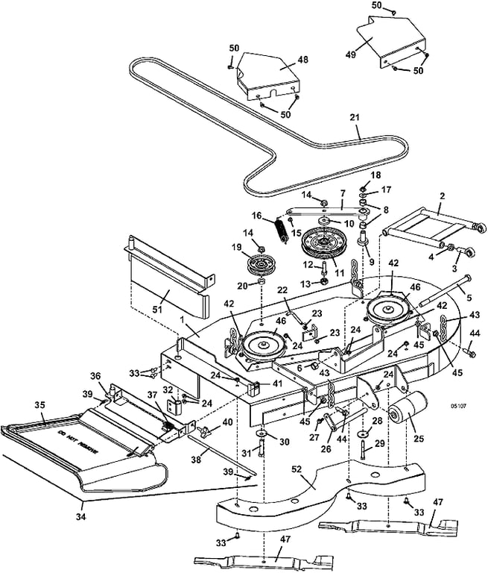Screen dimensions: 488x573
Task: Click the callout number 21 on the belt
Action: (x=355, y=118)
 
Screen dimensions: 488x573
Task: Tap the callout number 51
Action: (x=157, y=310)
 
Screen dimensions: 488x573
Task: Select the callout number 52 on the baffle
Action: (x=297, y=469)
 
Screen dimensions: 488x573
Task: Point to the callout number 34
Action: (x=81, y=517)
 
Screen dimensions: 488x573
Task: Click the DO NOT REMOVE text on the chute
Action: (x=77, y=442)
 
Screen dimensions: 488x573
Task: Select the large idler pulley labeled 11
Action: (x=320, y=243)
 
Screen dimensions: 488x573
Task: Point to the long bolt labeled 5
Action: (x=446, y=289)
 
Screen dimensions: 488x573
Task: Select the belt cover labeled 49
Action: (x=392, y=41)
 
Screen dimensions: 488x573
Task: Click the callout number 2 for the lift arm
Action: (x=443, y=196)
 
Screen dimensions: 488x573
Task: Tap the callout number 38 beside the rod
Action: (x=197, y=460)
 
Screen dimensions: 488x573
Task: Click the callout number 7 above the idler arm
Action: (x=342, y=203)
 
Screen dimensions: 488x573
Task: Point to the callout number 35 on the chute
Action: (x=39, y=406)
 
